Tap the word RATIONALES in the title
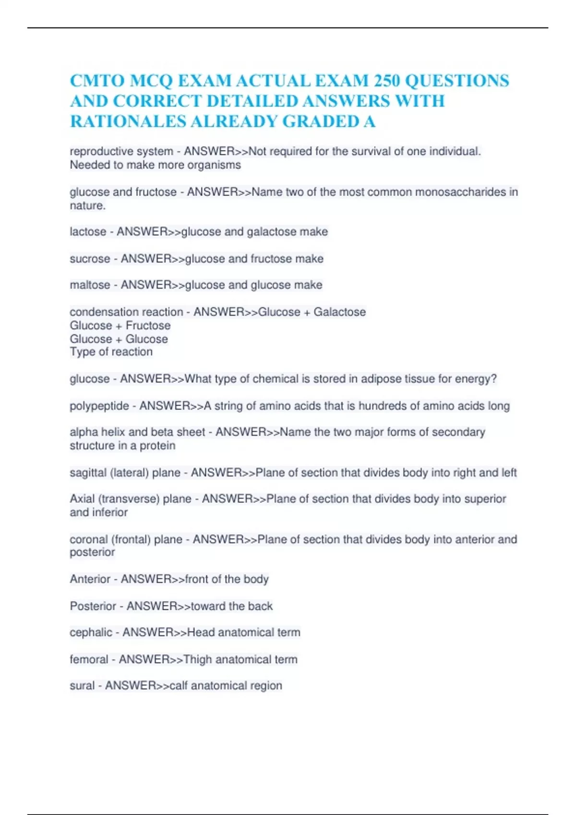[x=128, y=121]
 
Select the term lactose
[x=88, y=232]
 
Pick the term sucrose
[x=90, y=259]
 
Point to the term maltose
[x=90, y=285]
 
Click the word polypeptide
[x=99, y=406]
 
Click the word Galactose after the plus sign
[x=339, y=312]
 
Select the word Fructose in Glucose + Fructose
[x=148, y=326]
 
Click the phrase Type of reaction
[x=111, y=352]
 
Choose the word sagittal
[x=88, y=473]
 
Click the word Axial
[x=82, y=499]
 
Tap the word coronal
[x=89, y=539]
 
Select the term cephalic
[x=91, y=633]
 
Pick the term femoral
[x=89, y=660]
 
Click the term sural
[x=82, y=686]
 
